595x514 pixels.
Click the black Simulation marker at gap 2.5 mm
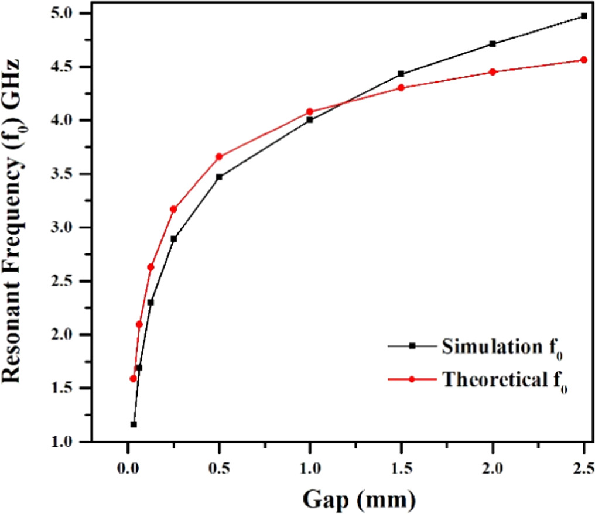pyautogui.click(x=583, y=16)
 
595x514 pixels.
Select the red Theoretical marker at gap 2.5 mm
pyautogui.click(x=583, y=60)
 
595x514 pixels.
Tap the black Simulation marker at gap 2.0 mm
pyautogui.click(x=493, y=44)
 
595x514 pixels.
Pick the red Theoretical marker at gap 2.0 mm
pyautogui.click(x=493, y=72)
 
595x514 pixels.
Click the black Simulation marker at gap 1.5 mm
pyautogui.click(x=401, y=74)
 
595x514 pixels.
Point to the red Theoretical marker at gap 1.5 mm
pyautogui.click(x=401, y=88)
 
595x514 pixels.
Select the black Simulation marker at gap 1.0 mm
pyautogui.click(x=310, y=120)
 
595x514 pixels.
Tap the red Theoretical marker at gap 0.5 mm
pyautogui.click(x=219, y=156)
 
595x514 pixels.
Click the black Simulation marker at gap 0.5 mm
pyautogui.click(x=219, y=177)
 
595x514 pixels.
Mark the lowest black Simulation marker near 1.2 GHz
pyautogui.click(x=134, y=424)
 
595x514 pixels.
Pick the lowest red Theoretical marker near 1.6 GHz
pyautogui.click(x=133, y=379)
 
